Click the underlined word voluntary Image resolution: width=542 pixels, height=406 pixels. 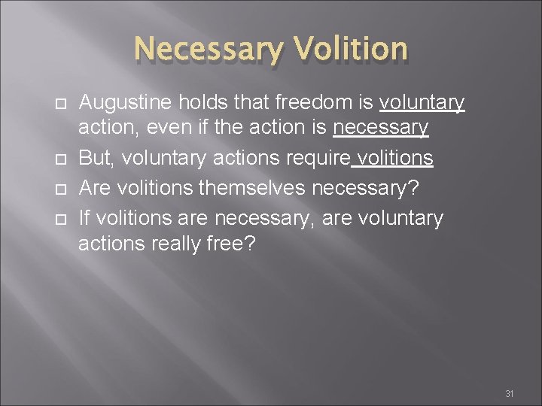coord(422,102)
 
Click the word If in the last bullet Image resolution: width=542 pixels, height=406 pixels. coord(84,218)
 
